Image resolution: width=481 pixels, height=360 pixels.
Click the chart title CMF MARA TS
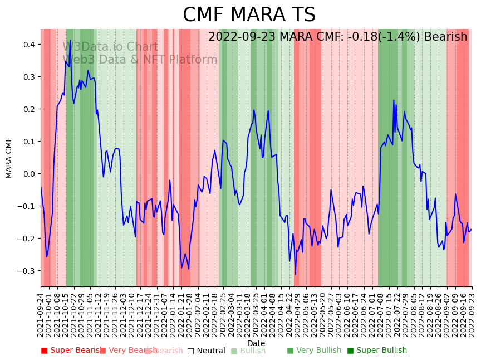(x=249, y=15)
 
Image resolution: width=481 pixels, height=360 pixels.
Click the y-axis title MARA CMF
(x=9, y=158)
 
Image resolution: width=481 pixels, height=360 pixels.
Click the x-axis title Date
(x=256, y=343)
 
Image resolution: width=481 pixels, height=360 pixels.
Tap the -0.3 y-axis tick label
(x=26, y=271)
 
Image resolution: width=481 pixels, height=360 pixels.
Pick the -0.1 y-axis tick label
(x=26, y=206)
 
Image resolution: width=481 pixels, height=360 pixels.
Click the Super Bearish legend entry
(x=73, y=351)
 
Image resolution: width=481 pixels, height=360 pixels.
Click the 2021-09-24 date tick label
(x=41, y=315)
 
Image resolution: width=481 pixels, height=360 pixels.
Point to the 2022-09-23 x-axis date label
(x=473, y=315)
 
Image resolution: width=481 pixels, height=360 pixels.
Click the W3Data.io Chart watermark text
(x=110, y=47)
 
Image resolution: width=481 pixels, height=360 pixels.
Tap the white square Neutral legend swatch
(x=190, y=351)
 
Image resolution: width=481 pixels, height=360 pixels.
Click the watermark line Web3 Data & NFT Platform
(x=140, y=60)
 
